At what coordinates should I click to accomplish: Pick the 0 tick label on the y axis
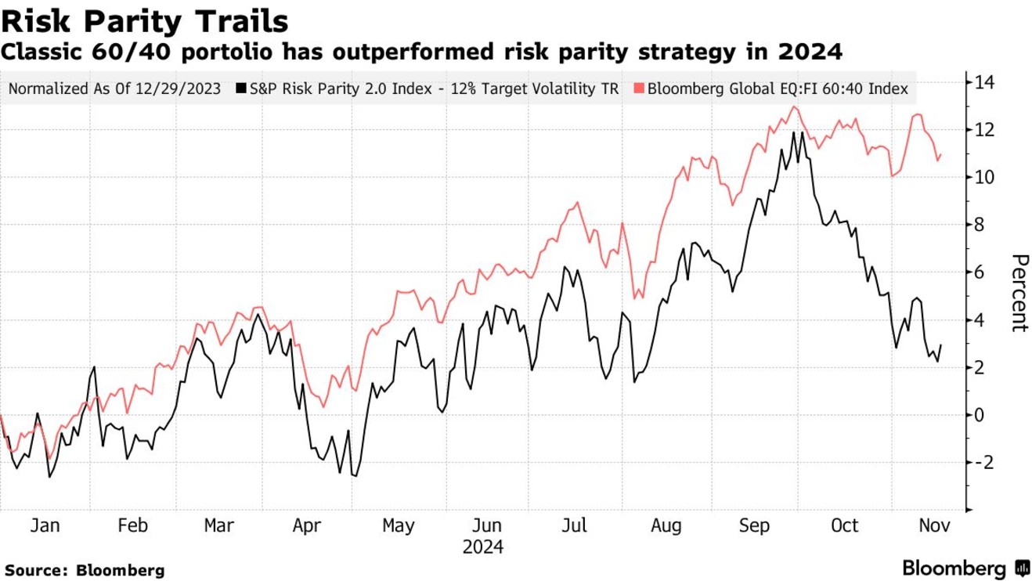(977, 415)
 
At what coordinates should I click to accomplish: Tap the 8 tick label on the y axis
(977, 225)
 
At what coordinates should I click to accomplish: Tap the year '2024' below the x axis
(483, 546)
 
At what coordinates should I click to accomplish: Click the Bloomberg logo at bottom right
(966, 568)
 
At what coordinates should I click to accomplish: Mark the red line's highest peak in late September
(794, 106)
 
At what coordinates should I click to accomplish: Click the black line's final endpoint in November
(940, 344)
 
